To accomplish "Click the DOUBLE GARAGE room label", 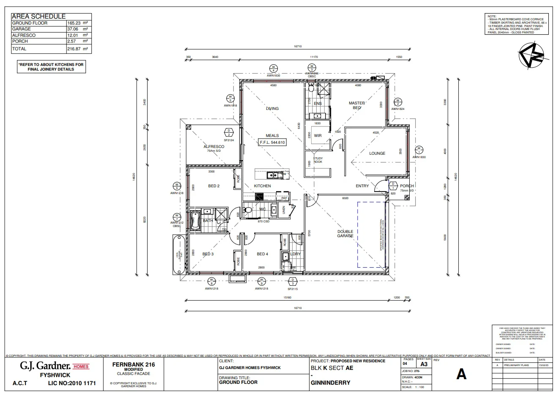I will click(x=345, y=233).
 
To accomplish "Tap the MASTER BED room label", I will click(x=356, y=105).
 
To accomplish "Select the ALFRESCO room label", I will click(x=214, y=147).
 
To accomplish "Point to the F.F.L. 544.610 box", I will click(x=272, y=142).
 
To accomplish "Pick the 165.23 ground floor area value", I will click(x=74, y=23).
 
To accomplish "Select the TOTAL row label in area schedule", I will click(x=19, y=49).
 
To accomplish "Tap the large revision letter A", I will click(x=461, y=374).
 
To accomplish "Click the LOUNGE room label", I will click(x=377, y=153).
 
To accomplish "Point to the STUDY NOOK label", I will click(x=318, y=160).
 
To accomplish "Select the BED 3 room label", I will click(x=208, y=254).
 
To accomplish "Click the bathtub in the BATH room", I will click(x=195, y=220).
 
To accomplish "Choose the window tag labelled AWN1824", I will click(x=397, y=109).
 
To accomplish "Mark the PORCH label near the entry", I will click(x=407, y=186).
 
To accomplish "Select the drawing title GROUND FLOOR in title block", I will click(x=238, y=382).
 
